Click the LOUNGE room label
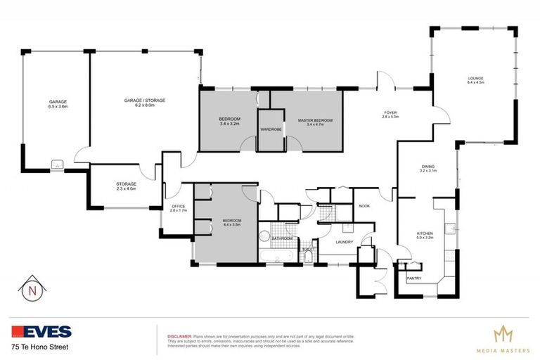tap(476, 78)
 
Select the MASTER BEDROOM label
tap(314, 120)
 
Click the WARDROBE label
tap(271, 129)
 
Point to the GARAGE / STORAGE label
tap(145, 101)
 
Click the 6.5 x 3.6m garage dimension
tap(58, 106)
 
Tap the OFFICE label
tap(177, 206)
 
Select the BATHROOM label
tap(283, 238)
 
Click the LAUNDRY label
tap(335, 243)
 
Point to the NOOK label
tap(364, 206)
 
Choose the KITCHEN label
tap(424, 233)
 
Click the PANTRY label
tap(413, 278)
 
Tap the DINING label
tap(428, 166)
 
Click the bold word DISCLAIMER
tap(177, 336)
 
